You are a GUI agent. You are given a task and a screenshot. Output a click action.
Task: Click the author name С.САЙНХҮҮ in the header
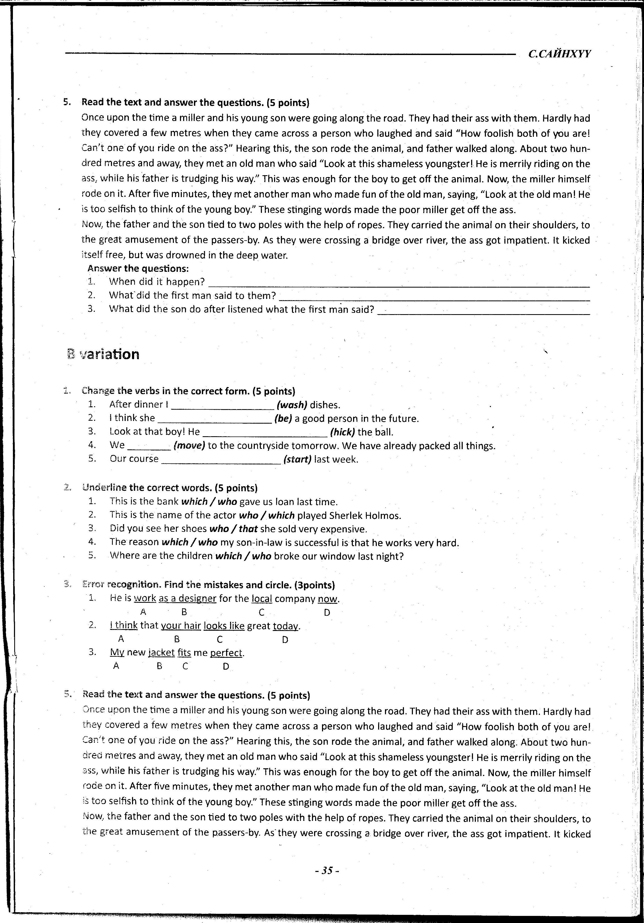[559, 54]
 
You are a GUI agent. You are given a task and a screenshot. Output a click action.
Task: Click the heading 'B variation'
[104, 354]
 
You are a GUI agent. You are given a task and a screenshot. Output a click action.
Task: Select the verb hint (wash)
[292, 405]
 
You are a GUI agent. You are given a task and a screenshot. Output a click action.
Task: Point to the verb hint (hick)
[342, 432]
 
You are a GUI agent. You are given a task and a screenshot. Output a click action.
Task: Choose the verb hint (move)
[189, 445]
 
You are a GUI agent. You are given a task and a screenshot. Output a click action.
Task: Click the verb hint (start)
[297, 459]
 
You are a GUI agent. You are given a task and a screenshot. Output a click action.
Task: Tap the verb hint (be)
[283, 419]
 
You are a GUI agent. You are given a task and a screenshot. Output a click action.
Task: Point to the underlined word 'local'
[262, 599]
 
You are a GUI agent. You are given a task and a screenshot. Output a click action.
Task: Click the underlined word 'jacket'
[162, 653]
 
